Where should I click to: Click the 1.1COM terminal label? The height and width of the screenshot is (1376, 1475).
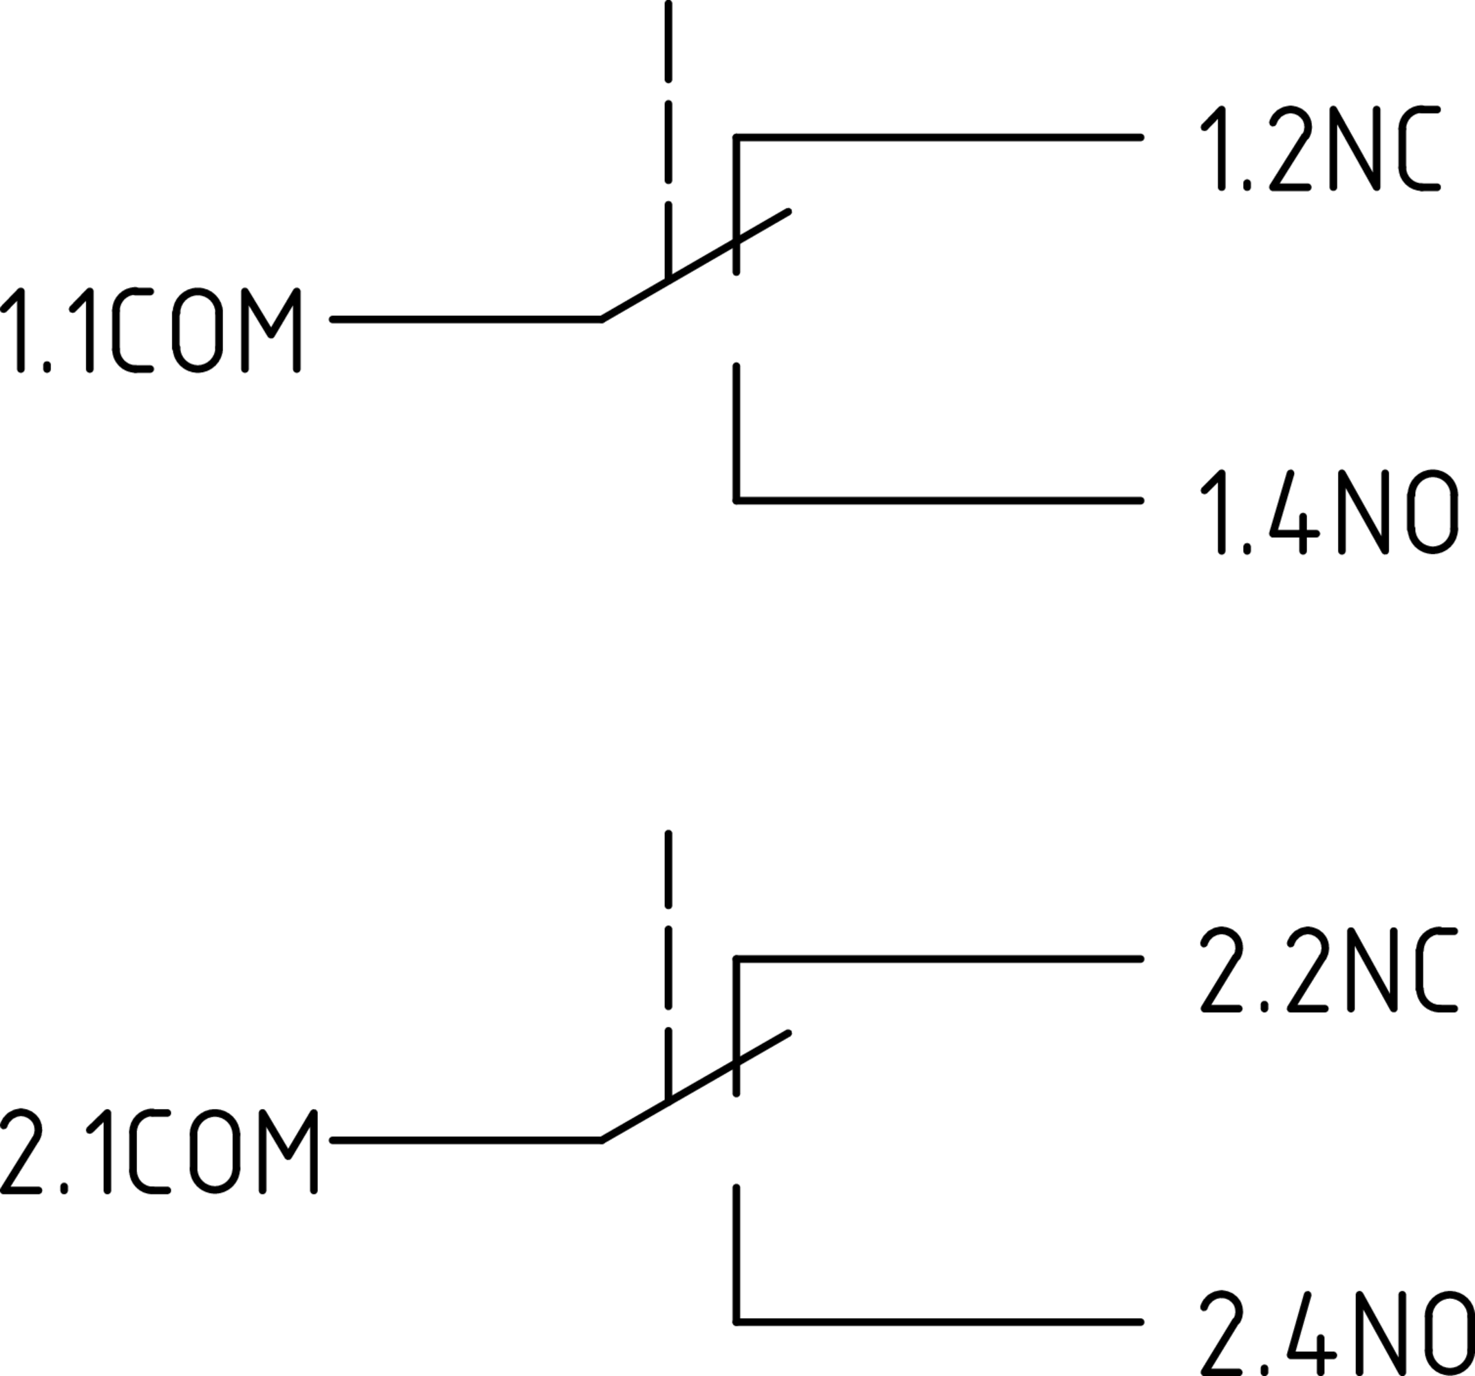pos(151,330)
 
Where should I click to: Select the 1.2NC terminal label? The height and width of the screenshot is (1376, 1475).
pos(1320,149)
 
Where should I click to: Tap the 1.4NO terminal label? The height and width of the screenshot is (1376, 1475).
pos(1328,512)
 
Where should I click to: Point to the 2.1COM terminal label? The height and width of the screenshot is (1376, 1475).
pos(160,1152)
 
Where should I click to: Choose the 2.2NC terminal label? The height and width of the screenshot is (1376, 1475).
pos(1328,969)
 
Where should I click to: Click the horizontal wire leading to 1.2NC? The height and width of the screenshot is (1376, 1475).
pos(939,137)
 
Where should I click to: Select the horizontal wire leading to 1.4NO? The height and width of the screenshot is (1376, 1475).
pos(939,501)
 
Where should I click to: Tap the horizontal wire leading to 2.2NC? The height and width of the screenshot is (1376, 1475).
pos(939,959)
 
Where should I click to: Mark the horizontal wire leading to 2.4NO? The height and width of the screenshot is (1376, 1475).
pos(939,1322)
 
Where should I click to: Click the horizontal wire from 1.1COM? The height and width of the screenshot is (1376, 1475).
pos(466,319)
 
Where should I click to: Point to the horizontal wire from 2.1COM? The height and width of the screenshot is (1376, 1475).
pos(466,1140)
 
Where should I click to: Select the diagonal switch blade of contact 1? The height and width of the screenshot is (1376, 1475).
pos(694,266)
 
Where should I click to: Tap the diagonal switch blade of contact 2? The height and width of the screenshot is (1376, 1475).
pos(694,1088)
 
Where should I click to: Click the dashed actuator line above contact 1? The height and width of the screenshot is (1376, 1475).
pos(668,141)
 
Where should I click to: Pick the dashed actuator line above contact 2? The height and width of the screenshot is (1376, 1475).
pos(668,965)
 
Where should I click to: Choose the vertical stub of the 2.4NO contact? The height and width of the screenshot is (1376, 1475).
pos(736,1254)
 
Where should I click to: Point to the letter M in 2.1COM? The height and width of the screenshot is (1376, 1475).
pos(288,1152)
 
